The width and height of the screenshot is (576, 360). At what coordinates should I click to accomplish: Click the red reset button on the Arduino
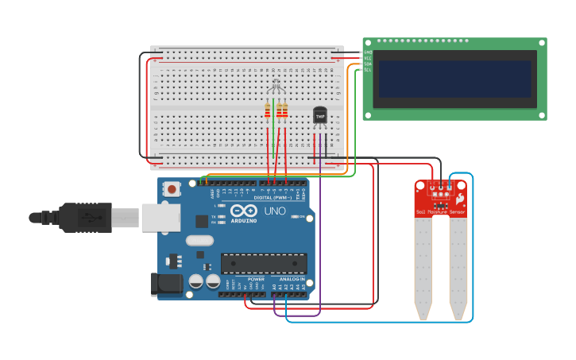coord(171,188)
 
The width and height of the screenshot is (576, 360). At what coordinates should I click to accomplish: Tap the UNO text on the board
coord(274,211)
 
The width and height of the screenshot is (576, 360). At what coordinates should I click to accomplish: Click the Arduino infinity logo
coord(245,211)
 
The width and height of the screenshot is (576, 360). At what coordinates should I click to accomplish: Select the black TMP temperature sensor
coord(320,116)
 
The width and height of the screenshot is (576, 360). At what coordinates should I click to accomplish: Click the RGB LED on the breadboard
coord(275,87)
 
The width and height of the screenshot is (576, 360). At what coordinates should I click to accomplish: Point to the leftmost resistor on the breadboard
coord(268,111)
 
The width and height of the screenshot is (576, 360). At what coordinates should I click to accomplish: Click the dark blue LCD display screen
coord(454,79)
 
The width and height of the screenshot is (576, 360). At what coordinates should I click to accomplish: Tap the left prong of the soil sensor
coord(423,266)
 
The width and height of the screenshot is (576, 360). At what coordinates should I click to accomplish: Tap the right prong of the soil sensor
coord(458,266)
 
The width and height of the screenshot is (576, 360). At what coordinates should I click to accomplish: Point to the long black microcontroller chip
coord(264,263)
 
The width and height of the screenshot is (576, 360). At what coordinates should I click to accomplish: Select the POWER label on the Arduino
coord(256,279)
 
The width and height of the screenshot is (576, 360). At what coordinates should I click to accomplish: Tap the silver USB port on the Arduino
coord(161,217)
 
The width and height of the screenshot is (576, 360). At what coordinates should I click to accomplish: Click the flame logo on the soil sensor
coord(458,200)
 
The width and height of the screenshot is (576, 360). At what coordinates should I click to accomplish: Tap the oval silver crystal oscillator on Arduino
coord(199,240)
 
